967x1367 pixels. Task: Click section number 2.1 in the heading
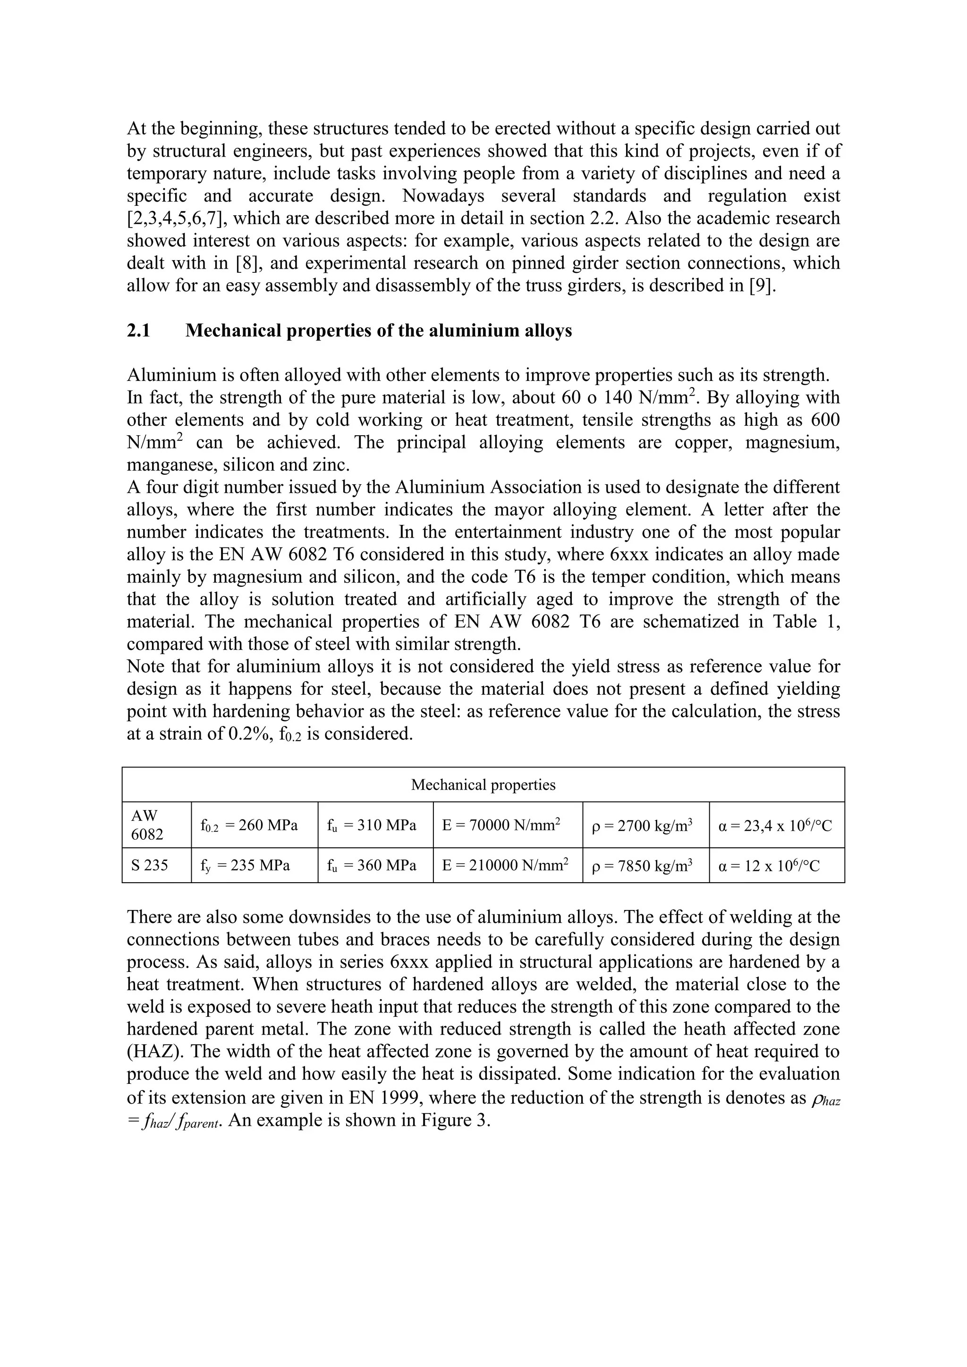[x=138, y=330]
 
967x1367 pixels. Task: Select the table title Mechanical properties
[x=483, y=785]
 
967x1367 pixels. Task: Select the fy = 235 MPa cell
[x=245, y=865]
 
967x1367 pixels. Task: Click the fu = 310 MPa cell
[x=372, y=826]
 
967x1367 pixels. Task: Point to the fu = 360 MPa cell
[x=372, y=865]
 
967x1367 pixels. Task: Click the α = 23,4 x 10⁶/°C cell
[x=775, y=826]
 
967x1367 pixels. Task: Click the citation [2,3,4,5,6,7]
[x=177, y=219]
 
